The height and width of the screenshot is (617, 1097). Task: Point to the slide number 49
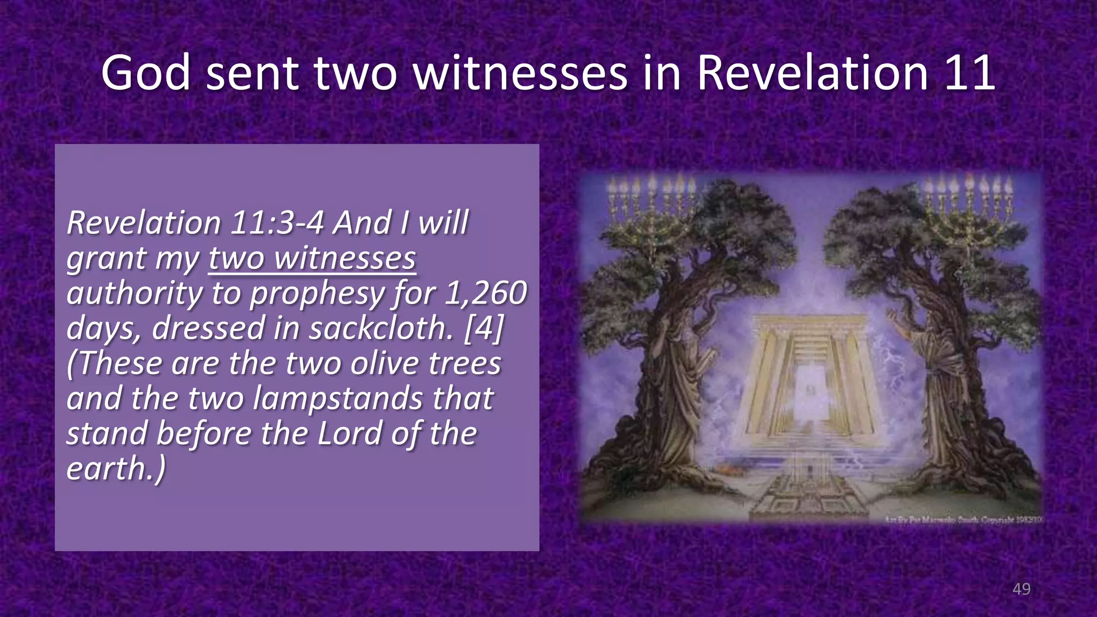(1021, 589)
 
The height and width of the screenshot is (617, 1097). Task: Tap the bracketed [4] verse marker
(484, 328)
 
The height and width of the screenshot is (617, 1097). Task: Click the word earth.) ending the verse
(116, 469)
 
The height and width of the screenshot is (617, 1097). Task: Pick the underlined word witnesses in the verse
(345, 258)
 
